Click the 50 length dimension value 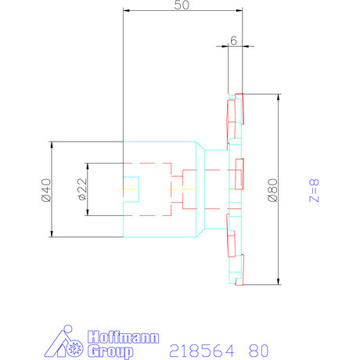tap(182, 5)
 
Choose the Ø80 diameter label tap(272, 190)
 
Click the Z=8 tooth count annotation tap(314, 190)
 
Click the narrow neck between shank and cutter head tap(200, 189)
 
